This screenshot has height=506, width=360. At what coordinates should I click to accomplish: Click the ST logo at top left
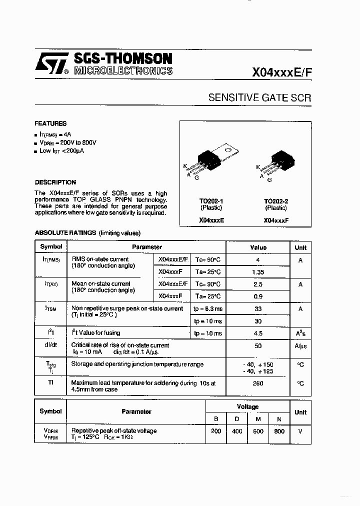point(50,64)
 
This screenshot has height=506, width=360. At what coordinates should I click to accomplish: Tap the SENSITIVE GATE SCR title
point(259,98)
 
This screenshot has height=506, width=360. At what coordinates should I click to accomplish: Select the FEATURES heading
point(50,123)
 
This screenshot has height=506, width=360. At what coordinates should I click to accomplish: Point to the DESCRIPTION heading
point(55,182)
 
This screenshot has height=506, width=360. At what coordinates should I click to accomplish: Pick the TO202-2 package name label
point(276,201)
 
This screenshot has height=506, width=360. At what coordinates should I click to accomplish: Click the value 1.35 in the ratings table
point(258,272)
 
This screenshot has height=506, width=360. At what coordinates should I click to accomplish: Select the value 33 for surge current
point(258,309)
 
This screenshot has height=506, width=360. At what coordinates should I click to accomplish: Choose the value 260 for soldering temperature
point(258,383)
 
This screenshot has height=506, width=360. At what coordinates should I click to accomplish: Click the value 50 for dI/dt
point(258,345)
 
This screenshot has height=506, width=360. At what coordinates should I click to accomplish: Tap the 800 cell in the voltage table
point(279,431)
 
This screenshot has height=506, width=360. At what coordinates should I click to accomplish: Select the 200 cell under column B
point(216,431)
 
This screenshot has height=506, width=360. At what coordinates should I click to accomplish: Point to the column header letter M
point(258,418)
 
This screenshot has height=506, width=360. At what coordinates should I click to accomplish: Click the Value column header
point(258,247)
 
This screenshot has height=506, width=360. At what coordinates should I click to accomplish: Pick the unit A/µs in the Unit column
point(300,346)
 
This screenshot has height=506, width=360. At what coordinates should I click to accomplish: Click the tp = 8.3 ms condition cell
point(208,309)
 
